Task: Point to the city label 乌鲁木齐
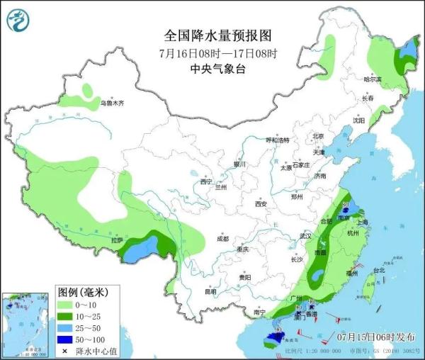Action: (x=111, y=103)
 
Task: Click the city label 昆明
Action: (x=210, y=292)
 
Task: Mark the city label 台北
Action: (x=378, y=270)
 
